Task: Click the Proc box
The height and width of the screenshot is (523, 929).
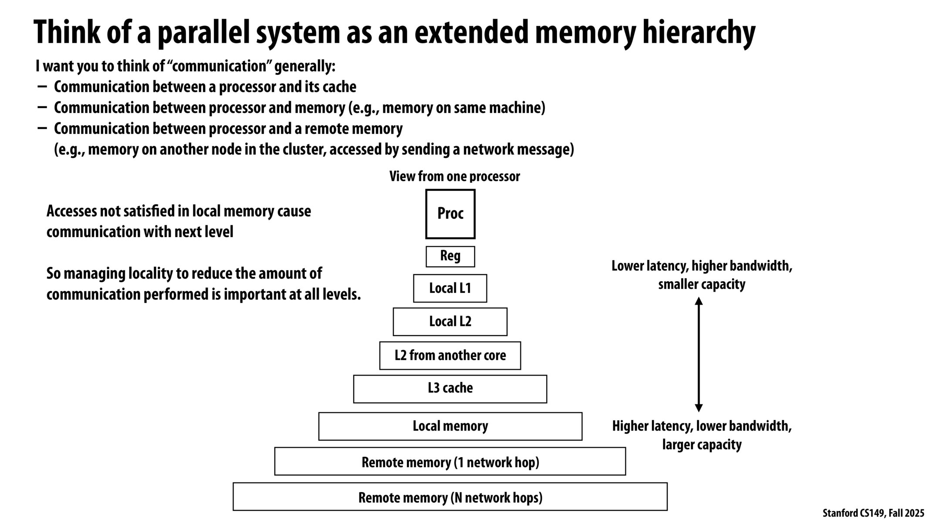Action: tap(450, 214)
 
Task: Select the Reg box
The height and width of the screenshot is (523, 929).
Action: tap(450, 256)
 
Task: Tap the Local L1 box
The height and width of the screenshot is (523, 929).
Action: tap(450, 288)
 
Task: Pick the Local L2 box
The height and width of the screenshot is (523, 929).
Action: tap(450, 322)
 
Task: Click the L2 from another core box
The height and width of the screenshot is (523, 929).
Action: tap(450, 356)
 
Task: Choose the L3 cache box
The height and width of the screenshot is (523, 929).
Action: tap(450, 389)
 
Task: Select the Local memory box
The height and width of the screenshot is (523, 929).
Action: tap(450, 426)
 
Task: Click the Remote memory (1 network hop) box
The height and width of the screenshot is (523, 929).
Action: tap(450, 462)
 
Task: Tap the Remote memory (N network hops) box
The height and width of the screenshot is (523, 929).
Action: tap(450, 497)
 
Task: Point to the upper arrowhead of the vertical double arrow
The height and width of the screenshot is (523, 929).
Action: tap(699, 301)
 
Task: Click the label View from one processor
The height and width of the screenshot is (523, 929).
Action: tap(454, 177)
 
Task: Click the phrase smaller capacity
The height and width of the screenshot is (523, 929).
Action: tap(701, 285)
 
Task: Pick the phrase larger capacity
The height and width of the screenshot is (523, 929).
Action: tap(701, 445)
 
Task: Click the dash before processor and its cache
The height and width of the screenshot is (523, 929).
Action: tap(42, 86)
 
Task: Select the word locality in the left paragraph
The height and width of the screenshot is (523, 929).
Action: tap(150, 274)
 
